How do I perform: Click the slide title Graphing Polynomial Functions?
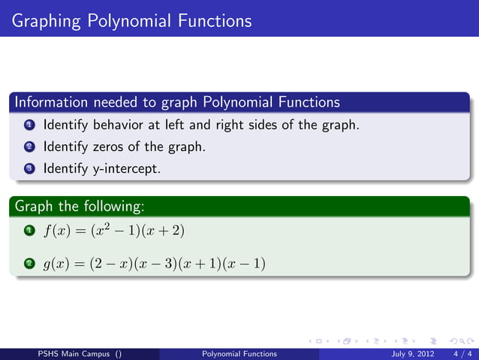(x=131, y=18)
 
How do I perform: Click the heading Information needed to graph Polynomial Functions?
(x=177, y=101)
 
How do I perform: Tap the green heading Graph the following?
(x=79, y=205)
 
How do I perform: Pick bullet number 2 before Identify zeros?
(x=29, y=147)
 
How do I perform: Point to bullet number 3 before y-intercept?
(x=29, y=169)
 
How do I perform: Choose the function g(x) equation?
(x=154, y=264)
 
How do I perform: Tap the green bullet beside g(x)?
(x=29, y=264)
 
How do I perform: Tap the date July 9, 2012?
(x=406, y=354)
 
